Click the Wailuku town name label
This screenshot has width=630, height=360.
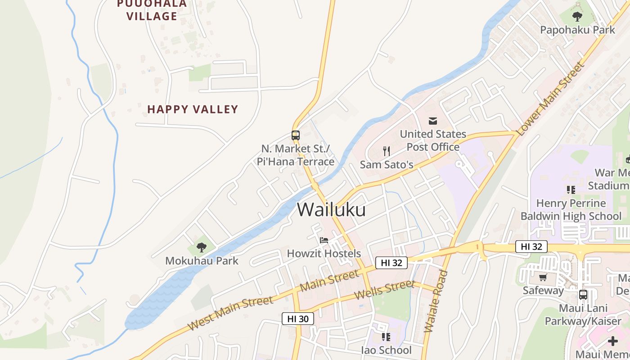click(331, 210)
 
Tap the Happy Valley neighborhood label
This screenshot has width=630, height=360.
click(193, 109)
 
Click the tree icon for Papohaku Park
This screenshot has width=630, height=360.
click(577, 17)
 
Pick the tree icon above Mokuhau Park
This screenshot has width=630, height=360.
click(201, 247)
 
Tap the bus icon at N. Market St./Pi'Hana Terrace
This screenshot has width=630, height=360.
click(295, 135)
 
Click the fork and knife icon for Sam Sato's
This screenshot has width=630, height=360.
click(386, 151)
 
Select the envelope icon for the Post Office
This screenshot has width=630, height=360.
click(433, 121)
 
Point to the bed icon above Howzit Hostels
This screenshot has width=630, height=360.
click(324, 240)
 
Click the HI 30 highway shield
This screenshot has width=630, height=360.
click(297, 319)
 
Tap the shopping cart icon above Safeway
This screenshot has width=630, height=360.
click(543, 277)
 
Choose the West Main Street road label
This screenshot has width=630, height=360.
click(230, 313)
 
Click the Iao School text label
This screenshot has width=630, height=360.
click(386, 350)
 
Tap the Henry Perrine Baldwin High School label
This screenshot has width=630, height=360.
click(571, 210)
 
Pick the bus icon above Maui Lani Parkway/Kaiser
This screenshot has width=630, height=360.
click(583, 295)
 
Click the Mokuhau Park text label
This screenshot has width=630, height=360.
click(202, 261)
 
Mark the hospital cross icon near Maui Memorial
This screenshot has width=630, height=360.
click(612, 341)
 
